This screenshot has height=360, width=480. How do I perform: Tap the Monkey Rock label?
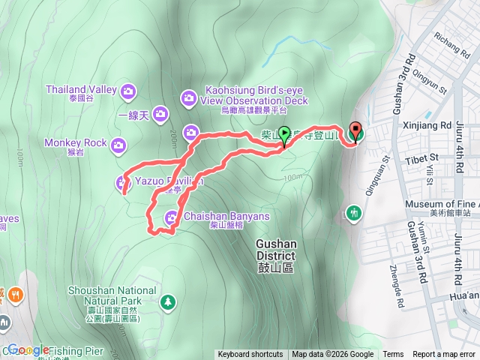pos(75,142)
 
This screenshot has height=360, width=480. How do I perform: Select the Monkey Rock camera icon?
pos(118,145)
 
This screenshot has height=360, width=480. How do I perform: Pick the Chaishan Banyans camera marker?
pos(172,217)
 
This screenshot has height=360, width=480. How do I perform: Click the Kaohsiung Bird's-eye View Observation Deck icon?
pos(188,97)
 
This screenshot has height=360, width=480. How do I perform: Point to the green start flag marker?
pos(285,135)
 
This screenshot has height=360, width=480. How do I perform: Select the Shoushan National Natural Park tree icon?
pos(169,301)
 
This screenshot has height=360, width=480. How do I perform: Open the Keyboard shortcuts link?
pos(250,355)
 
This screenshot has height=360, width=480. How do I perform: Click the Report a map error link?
pos(445,355)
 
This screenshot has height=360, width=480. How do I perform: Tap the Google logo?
pos(28,349)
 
